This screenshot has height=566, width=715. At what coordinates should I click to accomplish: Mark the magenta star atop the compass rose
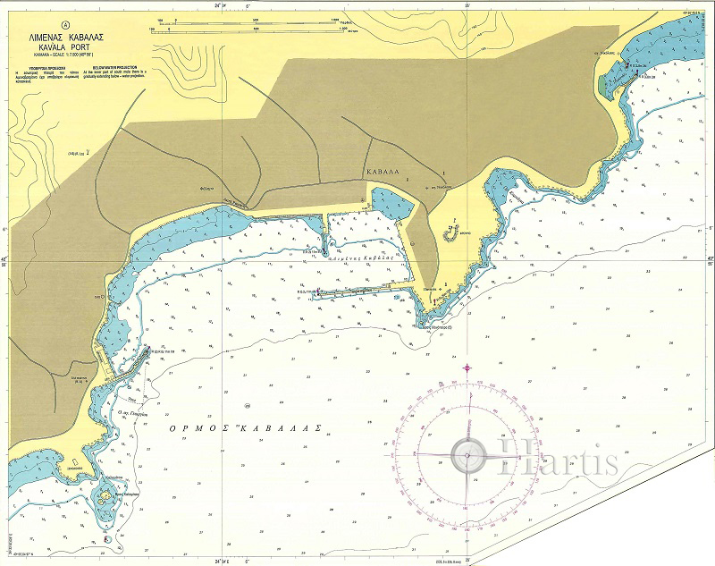coord(466,367)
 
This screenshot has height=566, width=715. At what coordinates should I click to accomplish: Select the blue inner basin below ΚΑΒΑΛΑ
coord(391,204)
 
